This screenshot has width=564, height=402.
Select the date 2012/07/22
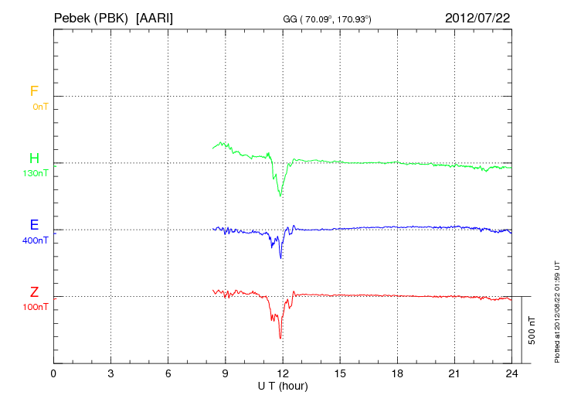[477, 17]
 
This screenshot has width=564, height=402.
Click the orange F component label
[34, 91]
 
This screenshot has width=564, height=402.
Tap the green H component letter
[34, 158]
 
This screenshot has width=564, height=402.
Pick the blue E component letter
[34, 225]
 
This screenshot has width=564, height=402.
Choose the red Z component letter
[34, 292]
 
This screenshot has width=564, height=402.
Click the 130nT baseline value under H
[36, 173]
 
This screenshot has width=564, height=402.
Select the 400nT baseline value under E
[36, 240]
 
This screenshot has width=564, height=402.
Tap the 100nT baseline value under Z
[36, 307]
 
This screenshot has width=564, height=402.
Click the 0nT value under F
[40, 107]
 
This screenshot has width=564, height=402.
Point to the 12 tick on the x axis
[283, 373]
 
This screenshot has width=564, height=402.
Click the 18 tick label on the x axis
[397, 373]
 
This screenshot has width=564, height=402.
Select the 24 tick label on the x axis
[511, 373]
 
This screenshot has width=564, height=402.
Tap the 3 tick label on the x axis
[110, 373]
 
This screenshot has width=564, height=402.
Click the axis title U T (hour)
[283, 385]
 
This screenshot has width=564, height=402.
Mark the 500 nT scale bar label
[532, 329]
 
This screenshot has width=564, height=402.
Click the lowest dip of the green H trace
[280, 196]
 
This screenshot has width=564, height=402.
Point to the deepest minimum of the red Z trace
[280, 338]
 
